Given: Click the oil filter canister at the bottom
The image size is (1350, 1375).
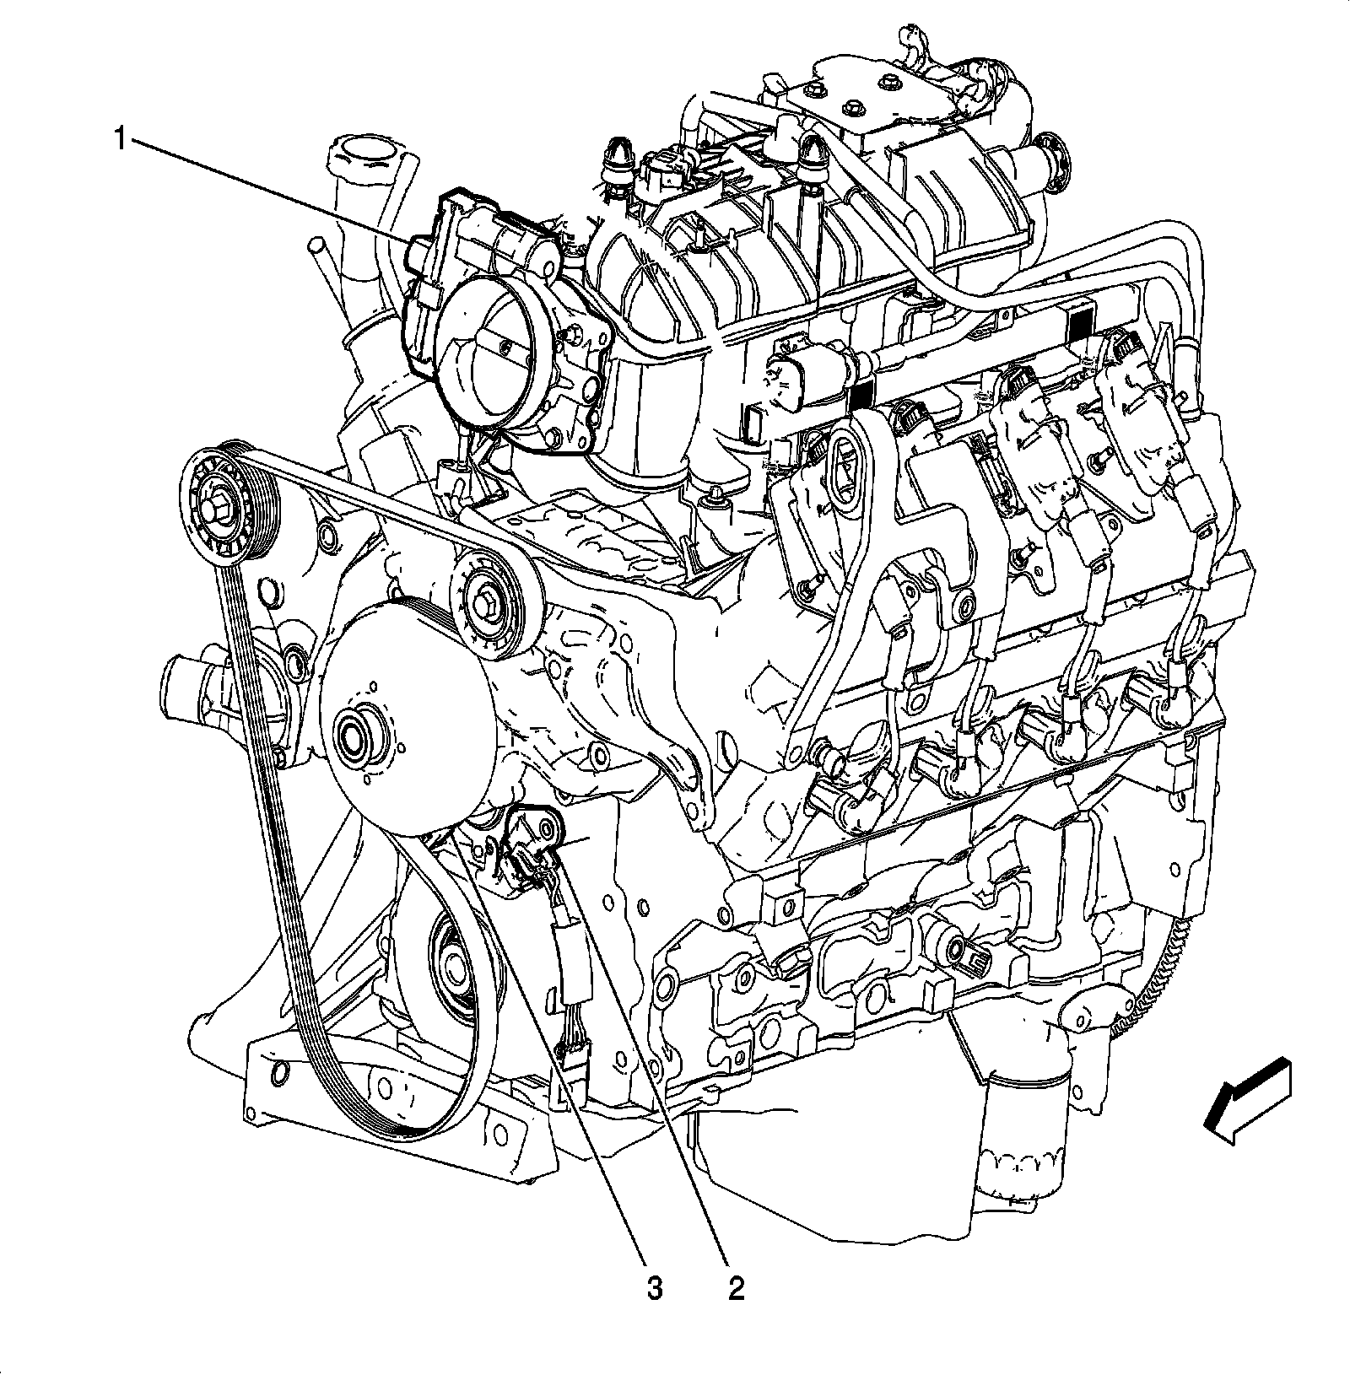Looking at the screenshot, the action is pos(1021,1130).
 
